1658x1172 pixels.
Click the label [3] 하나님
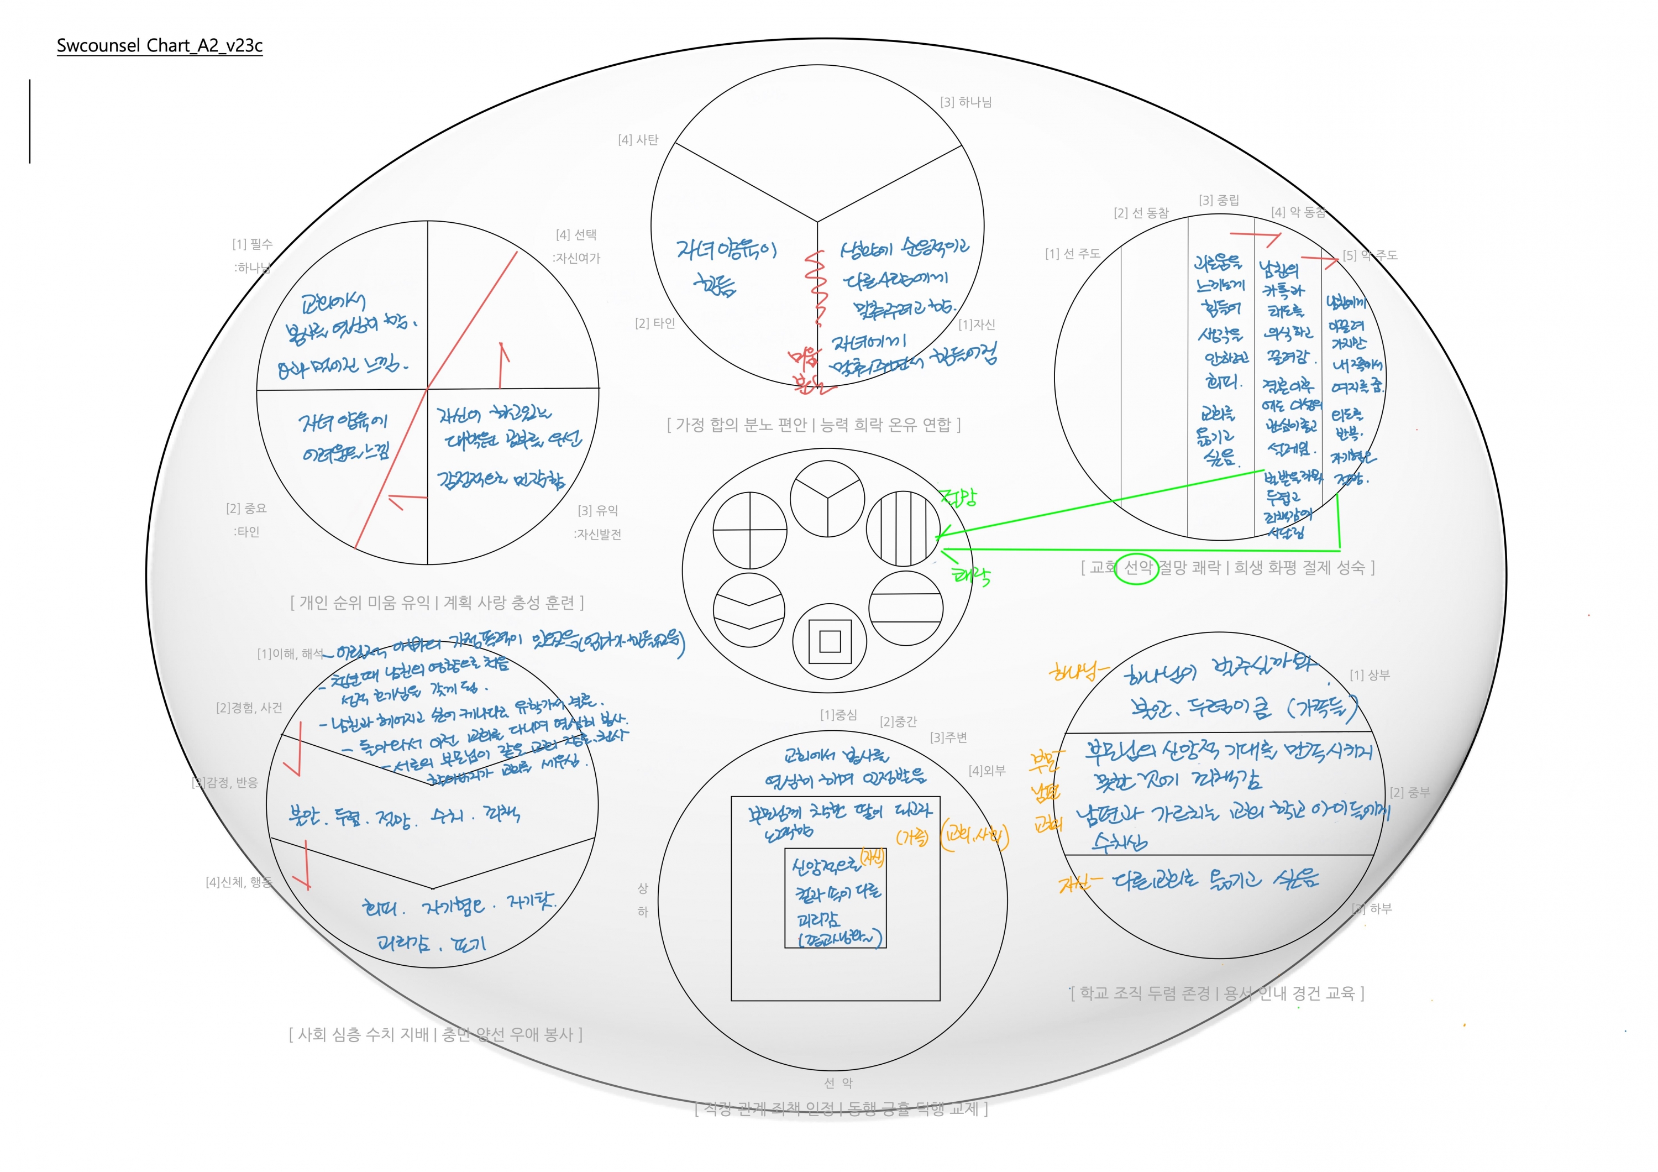(x=966, y=102)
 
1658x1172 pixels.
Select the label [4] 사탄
(x=638, y=140)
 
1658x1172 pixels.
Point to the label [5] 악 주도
(x=1370, y=255)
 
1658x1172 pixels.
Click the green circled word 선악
(x=1137, y=568)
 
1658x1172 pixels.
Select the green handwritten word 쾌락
(x=971, y=575)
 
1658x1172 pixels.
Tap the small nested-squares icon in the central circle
(x=830, y=641)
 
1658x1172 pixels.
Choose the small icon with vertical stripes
(x=903, y=527)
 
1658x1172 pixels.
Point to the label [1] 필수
(x=252, y=244)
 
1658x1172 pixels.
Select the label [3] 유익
(x=598, y=510)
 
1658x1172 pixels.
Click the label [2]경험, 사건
(x=249, y=708)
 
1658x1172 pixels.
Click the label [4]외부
(x=987, y=771)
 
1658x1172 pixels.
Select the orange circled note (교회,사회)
(x=975, y=836)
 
